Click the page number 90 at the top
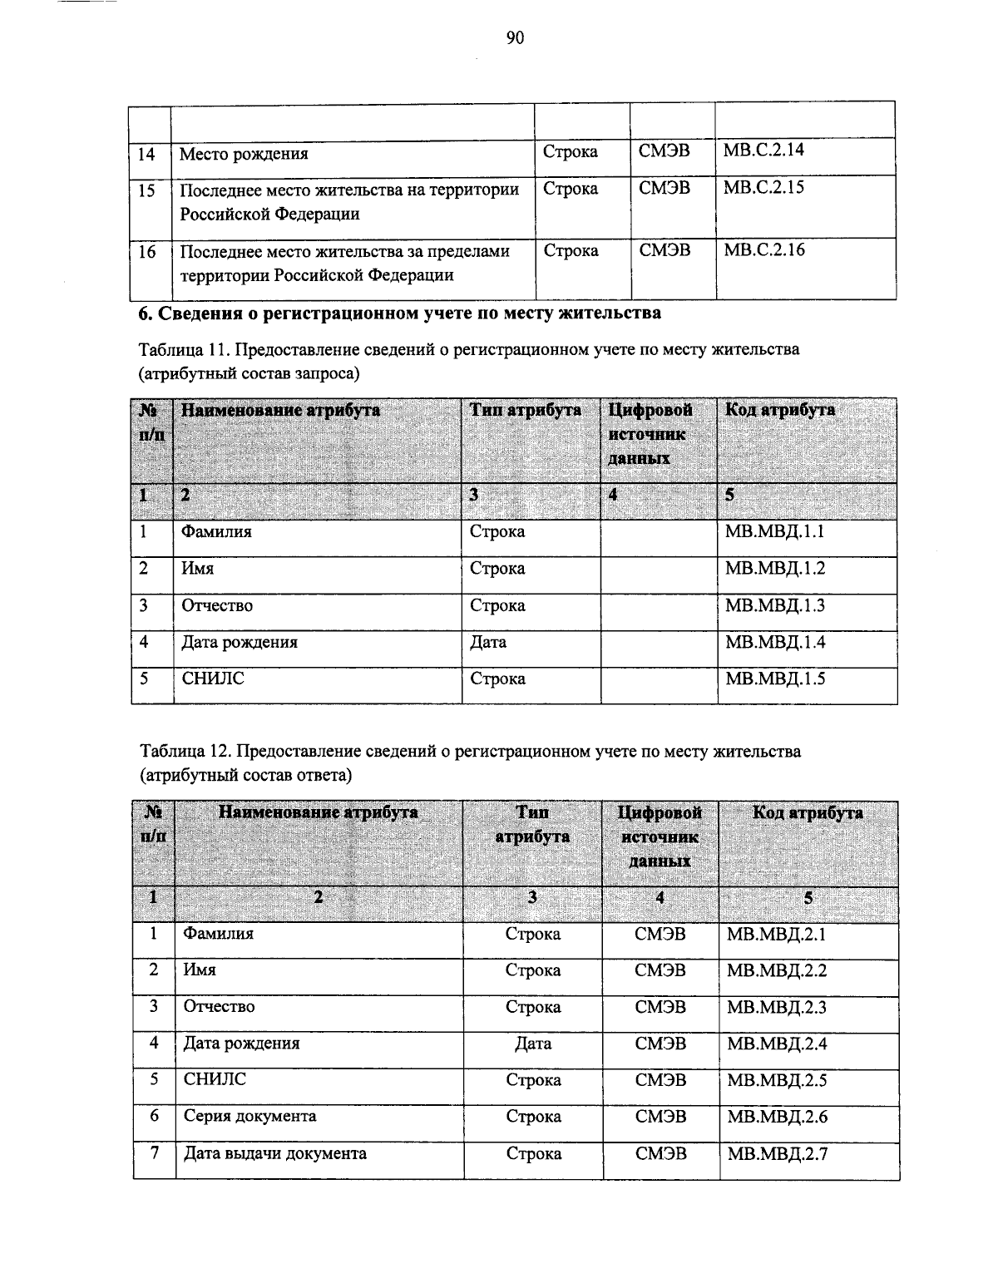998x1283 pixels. pos(514,37)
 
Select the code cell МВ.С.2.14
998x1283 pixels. pos(763,151)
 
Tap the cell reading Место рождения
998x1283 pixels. pos(244,154)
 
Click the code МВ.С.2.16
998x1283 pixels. pos(763,250)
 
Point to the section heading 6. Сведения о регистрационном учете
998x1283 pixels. pos(399,313)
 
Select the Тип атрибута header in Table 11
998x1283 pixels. pos(525,410)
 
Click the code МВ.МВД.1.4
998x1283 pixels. pos(774,642)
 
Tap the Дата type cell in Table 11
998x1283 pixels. pos(488,642)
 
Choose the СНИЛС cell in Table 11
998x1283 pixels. pos(213,679)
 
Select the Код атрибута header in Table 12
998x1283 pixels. pos(807,812)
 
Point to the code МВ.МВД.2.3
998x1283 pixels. pos(776,1007)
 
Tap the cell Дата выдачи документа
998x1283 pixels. pos(274,1153)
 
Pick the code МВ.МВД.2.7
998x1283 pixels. pos(777,1154)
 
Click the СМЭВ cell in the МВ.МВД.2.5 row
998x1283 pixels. pos(660,1080)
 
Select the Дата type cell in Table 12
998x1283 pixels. pos(533,1044)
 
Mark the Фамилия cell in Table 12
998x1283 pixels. pos(218,934)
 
